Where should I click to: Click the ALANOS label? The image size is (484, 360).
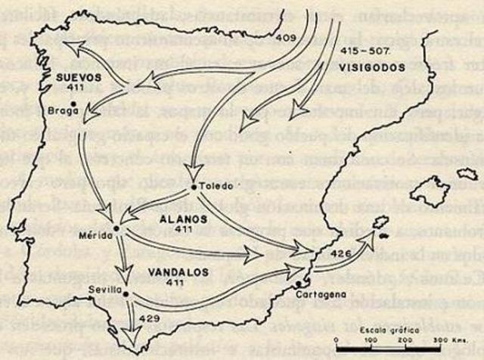(x=178, y=218)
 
